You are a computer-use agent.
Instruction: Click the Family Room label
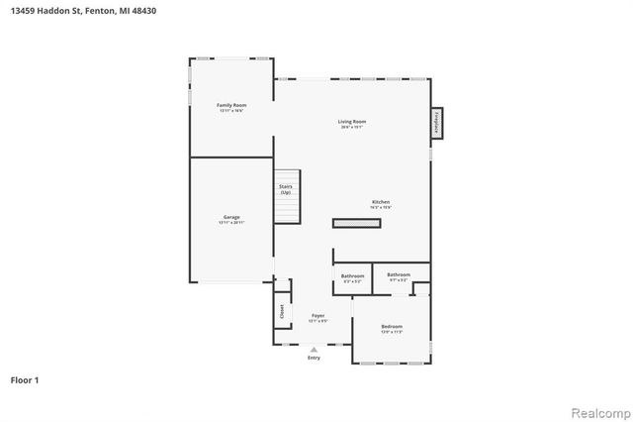click(231, 105)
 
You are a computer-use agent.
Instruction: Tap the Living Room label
click(353, 122)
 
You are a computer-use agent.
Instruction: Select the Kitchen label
click(381, 202)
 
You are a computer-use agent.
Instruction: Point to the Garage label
click(231, 217)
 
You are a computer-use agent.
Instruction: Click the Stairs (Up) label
click(286, 188)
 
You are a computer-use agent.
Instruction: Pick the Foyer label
click(317, 315)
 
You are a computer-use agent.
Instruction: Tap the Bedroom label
click(392, 326)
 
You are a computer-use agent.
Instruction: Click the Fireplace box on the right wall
click(436, 122)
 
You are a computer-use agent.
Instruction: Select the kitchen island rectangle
click(357, 224)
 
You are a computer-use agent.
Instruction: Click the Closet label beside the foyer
click(282, 310)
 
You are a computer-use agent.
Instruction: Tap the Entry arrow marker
click(315, 349)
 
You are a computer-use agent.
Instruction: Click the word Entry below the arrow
click(315, 358)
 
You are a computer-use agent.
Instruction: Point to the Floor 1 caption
click(25, 379)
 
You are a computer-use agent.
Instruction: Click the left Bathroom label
click(352, 275)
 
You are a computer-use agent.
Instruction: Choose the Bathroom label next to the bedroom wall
click(399, 274)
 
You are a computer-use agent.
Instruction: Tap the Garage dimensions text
click(231, 223)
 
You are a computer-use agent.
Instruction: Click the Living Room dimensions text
click(353, 128)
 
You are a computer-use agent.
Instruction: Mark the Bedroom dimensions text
click(392, 332)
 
